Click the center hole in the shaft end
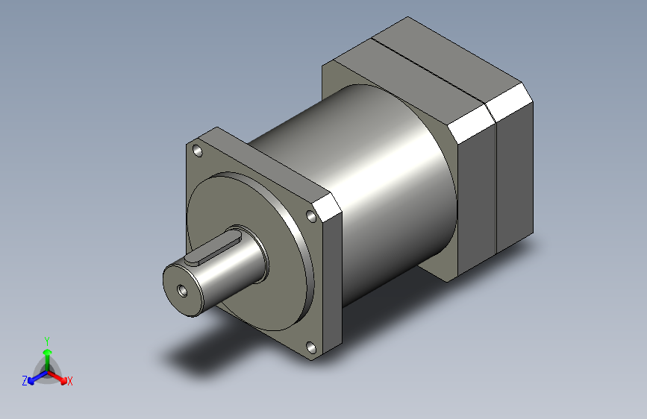point(181,289)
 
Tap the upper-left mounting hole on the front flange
point(198,151)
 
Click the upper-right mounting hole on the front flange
point(311,217)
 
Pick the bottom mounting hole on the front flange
point(310,347)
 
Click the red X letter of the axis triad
point(70,382)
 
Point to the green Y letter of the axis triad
point(46,339)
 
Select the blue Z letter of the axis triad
point(25,381)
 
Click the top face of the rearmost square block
point(448,52)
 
